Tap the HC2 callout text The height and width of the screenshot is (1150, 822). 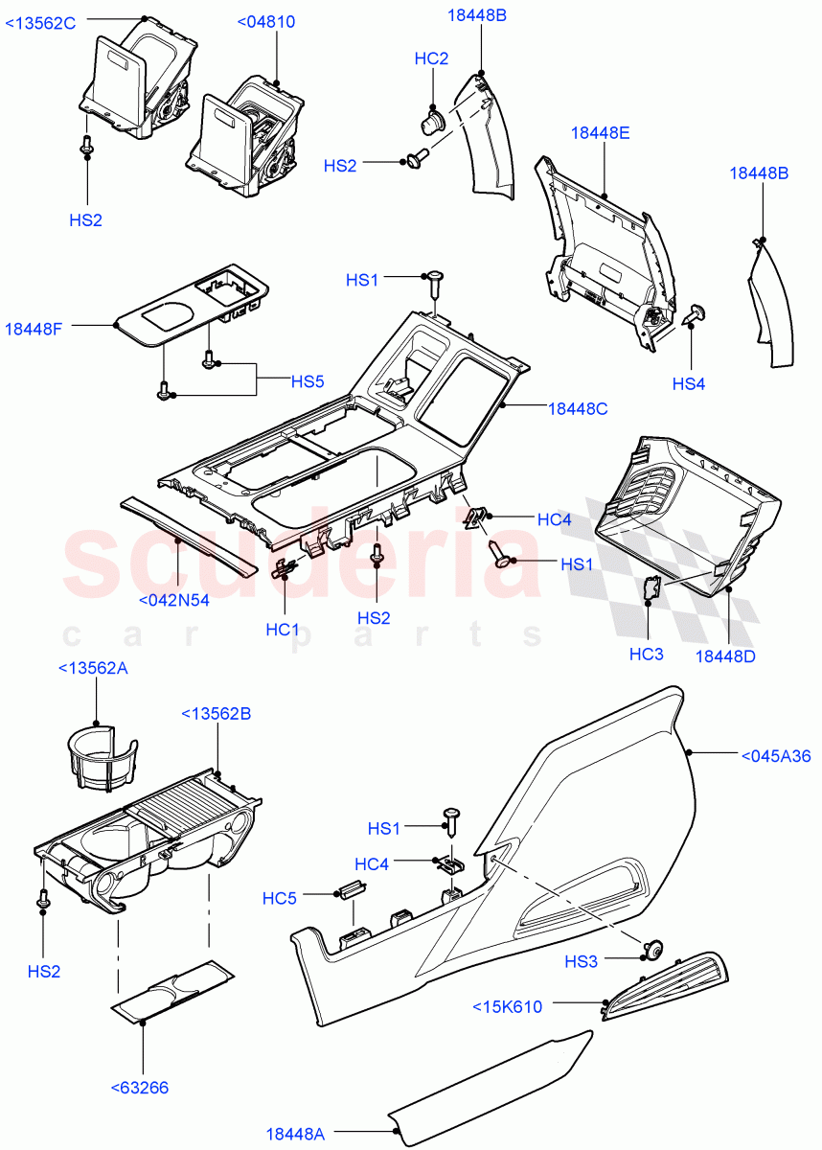[431, 58]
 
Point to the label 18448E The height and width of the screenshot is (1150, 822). [601, 133]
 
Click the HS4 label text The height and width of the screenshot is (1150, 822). [688, 383]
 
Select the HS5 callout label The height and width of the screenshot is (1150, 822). [308, 380]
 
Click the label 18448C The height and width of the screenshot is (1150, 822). [578, 407]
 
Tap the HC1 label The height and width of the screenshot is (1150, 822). [283, 630]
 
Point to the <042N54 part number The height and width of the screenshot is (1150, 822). [173, 600]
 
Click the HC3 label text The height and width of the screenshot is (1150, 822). [646, 654]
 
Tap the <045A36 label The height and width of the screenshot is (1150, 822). [776, 756]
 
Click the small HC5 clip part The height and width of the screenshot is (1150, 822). [351, 889]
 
